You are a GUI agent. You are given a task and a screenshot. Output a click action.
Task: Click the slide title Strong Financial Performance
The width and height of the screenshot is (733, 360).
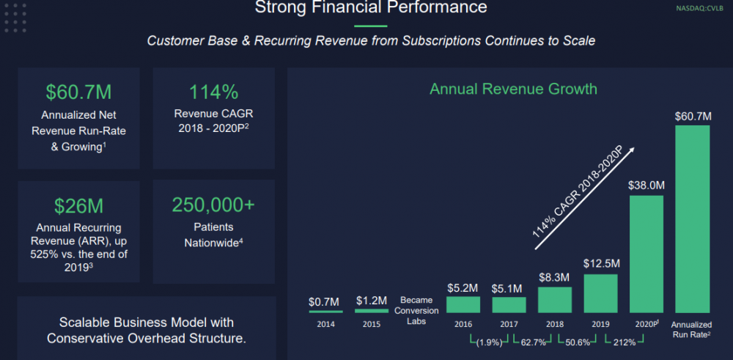[x=370, y=9]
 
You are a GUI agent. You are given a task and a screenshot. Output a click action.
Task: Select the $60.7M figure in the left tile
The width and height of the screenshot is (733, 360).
[x=78, y=92]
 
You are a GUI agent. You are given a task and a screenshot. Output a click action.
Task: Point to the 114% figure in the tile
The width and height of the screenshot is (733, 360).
[x=213, y=92]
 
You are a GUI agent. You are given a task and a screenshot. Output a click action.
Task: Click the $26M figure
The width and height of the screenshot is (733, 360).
[x=78, y=205]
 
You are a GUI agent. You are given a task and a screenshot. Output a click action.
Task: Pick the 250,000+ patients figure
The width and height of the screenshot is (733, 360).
[x=213, y=205]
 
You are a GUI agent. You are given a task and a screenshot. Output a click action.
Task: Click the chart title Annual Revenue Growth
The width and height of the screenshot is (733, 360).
[x=513, y=89]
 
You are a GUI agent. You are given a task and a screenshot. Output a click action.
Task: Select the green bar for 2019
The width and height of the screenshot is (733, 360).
[x=600, y=294]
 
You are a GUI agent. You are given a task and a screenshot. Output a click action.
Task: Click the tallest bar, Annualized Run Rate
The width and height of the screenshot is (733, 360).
[x=692, y=219]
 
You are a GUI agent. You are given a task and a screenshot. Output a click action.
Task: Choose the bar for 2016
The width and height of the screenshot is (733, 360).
[x=463, y=304]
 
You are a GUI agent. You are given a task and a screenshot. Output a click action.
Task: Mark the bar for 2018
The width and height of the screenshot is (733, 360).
[x=555, y=300]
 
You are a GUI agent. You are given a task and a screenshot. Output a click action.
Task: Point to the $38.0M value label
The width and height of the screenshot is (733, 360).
[x=646, y=185]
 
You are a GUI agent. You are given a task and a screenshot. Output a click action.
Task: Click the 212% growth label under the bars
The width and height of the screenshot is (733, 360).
[x=623, y=342]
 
